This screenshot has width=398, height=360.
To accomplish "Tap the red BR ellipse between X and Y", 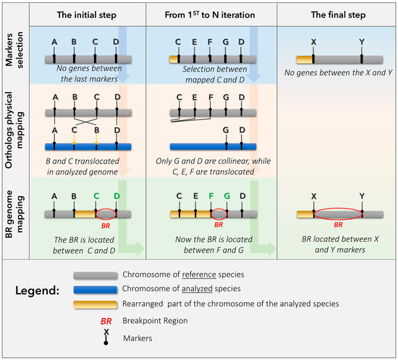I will (x=337, y=214).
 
